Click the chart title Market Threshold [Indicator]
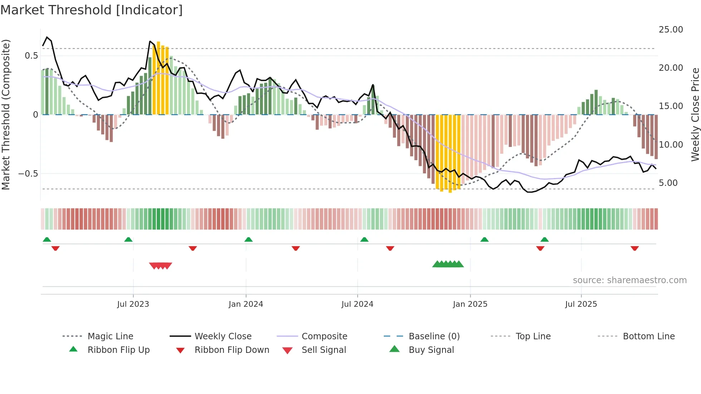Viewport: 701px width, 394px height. coord(92,10)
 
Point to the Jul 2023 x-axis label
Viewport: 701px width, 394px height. coord(133,304)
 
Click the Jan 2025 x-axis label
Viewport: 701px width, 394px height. coord(470,304)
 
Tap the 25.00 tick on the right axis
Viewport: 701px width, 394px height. coord(671,30)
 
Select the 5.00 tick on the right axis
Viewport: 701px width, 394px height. coord(668,183)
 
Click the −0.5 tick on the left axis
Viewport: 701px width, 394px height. coord(28,174)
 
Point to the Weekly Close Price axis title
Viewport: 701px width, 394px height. coord(695,114)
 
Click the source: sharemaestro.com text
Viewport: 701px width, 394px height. coord(629,280)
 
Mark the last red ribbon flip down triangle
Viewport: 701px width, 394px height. coord(635,248)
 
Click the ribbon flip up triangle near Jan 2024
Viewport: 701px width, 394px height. coord(249,240)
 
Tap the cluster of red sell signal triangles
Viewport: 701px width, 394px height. coord(161,266)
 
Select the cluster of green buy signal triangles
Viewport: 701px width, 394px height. coord(448,264)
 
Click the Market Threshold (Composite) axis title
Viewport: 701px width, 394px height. coord(6,114)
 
